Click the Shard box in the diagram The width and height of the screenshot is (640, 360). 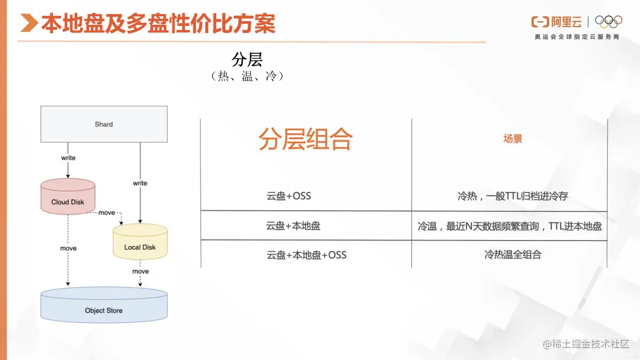(x=104, y=124)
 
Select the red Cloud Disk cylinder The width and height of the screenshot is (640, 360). (x=68, y=197)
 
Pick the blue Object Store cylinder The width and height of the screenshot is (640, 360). (x=104, y=305)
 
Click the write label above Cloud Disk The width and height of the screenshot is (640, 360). (x=68, y=158)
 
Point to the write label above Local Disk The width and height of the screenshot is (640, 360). (x=140, y=183)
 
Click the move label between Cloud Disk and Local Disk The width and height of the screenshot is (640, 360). (x=106, y=212)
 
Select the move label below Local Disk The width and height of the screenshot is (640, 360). (x=141, y=271)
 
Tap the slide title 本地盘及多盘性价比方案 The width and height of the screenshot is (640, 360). (x=158, y=24)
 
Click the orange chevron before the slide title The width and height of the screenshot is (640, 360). (x=30, y=24)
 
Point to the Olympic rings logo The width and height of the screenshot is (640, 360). (x=608, y=21)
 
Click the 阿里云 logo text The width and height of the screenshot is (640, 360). (x=566, y=22)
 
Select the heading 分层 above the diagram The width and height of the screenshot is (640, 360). (x=247, y=59)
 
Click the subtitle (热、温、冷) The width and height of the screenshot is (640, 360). (x=247, y=76)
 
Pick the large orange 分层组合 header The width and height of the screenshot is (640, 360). (x=305, y=139)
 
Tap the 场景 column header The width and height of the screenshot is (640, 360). (x=512, y=139)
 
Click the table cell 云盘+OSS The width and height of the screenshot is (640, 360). (x=289, y=196)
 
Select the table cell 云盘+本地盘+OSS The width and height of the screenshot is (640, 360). (x=306, y=255)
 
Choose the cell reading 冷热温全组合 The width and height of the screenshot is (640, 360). (x=512, y=255)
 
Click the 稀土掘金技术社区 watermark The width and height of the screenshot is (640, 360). (x=586, y=344)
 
